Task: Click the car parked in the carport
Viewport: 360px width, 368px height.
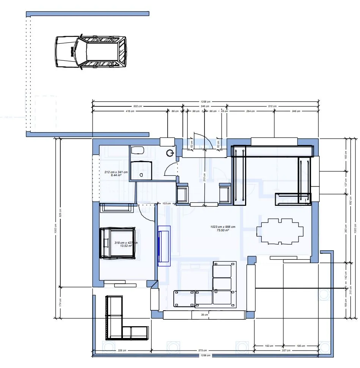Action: point(91,52)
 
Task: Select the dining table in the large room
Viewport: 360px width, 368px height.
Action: point(280,231)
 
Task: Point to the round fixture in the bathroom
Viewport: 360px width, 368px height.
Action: point(170,153)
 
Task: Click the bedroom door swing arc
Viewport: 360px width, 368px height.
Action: point(146,213)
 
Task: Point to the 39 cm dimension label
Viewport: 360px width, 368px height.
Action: point(204,315)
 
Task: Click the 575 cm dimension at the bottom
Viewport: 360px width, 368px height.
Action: point(203,351)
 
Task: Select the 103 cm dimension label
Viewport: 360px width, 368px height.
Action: point(166,204)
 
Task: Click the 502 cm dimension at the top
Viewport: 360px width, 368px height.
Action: point(137,106)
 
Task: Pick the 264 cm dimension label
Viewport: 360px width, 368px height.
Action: point(250,111)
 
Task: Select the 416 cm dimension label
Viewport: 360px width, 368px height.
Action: point(130,111)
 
